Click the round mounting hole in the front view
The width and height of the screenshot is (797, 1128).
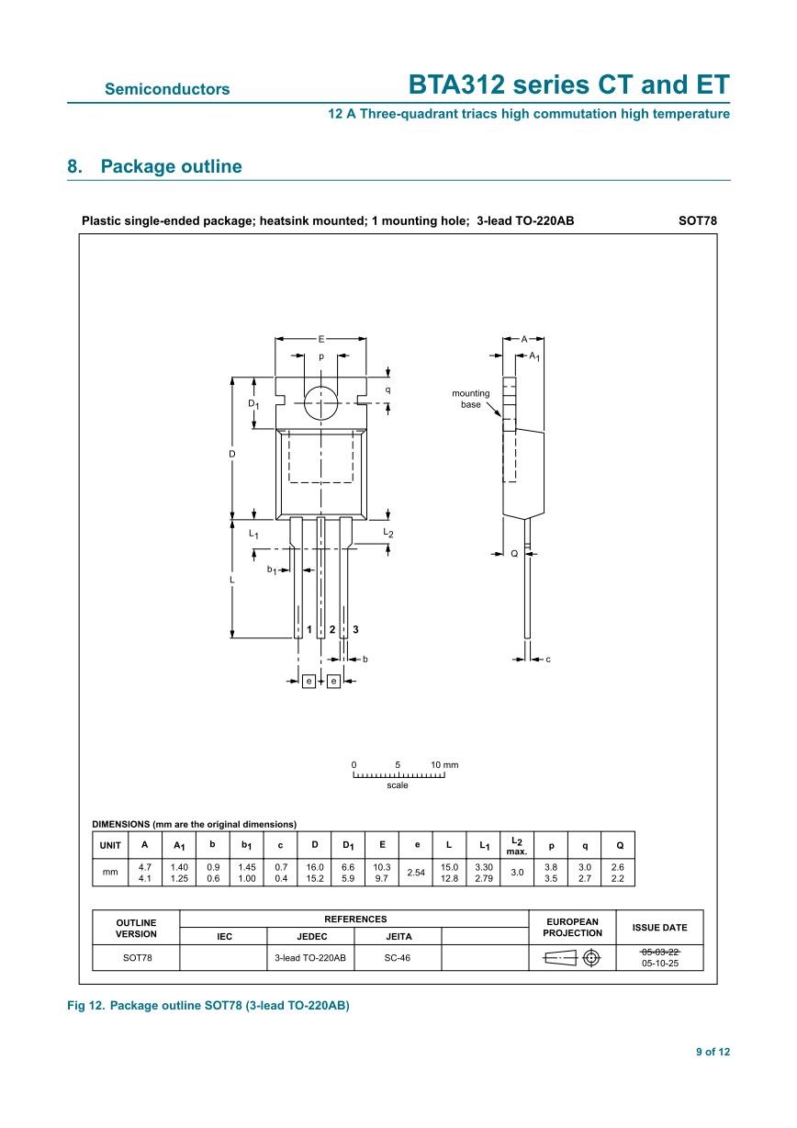320,401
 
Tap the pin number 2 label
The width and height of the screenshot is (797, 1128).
331,629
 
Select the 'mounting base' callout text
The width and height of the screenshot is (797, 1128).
470,399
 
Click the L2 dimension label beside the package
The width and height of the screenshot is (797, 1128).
388,534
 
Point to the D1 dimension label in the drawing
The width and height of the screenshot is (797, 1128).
253,404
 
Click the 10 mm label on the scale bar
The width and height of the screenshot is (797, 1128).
444,764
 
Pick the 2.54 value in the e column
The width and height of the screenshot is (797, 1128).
417,873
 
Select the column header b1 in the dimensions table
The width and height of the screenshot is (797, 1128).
246,845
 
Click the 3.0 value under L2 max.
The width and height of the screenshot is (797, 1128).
516,873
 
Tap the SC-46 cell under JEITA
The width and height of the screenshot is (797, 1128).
398,958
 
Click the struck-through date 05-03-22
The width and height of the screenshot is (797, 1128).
659,952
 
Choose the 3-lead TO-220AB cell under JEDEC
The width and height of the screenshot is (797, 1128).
310,958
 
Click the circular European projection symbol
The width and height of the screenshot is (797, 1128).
591,958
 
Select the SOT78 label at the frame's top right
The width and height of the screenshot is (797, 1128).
697,220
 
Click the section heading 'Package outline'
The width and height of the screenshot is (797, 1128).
171,166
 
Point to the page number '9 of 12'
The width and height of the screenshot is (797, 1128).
713,1053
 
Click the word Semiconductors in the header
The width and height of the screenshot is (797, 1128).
167,89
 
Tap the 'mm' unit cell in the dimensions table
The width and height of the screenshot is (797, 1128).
110,873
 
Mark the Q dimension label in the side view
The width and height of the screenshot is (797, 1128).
514,554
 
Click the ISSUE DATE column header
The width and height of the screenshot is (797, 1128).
659,928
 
